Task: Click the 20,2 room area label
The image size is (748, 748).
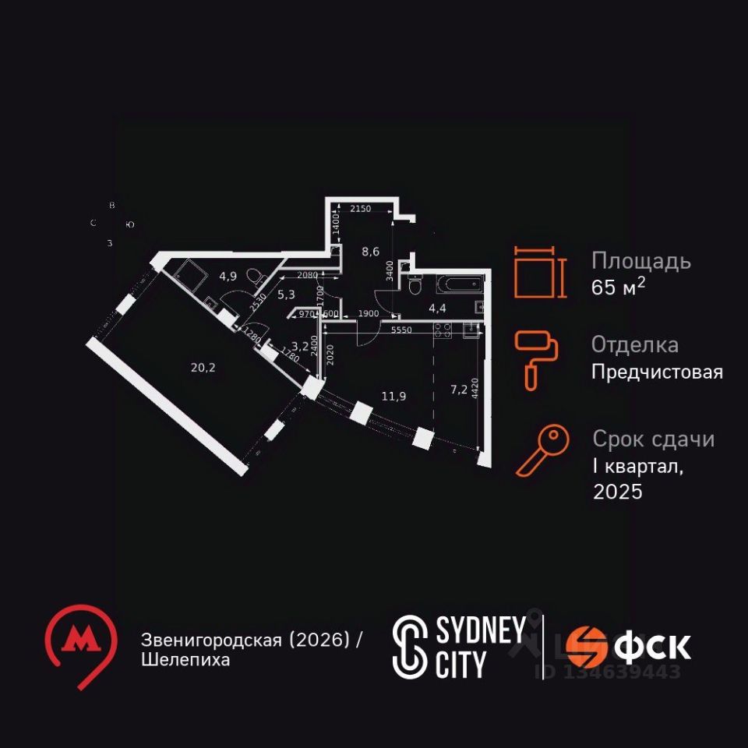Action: tap(203, 368)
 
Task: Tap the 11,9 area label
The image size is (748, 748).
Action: tap(393, 396)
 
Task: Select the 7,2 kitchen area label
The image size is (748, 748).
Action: tap(460, 389)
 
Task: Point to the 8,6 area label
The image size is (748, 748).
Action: tap(370, 252)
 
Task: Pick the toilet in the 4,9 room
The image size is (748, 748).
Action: tap(253, 277)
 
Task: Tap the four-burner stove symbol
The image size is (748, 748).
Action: tap(443, 331)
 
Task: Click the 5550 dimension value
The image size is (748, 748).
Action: tap(402, 330)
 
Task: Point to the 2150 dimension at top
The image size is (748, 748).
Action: tap(361, 209)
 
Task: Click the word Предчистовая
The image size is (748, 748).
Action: tap(657, 372)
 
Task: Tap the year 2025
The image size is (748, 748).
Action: tap(618, 492)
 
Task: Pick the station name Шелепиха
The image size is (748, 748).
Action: tap(185, 660)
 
